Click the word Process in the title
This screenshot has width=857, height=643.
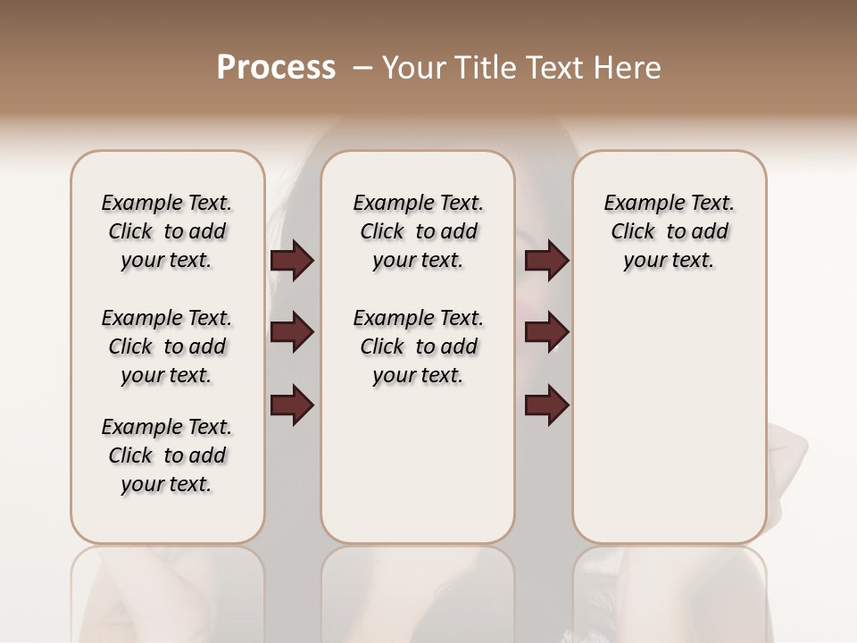point(276,68)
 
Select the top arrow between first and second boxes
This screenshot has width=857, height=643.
point(292,261)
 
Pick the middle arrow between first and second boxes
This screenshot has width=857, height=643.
point(292,332)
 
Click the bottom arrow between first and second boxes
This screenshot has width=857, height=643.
point(292,405)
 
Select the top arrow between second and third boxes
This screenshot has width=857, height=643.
point(546,261)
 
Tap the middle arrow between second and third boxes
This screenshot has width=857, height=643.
point(546,332)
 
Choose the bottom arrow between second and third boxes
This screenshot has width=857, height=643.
point(546,405)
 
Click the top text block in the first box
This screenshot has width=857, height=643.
point(167,232)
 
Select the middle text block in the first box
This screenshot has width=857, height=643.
point(167,347)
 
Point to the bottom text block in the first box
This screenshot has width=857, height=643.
point(167,455)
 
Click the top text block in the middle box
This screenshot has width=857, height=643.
point(418,232)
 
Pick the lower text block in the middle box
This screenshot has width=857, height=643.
point(418,347)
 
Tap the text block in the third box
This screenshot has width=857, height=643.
point(669,232)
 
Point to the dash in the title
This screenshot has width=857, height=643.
point(362,68)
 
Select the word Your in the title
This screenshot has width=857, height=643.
point(412,68)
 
